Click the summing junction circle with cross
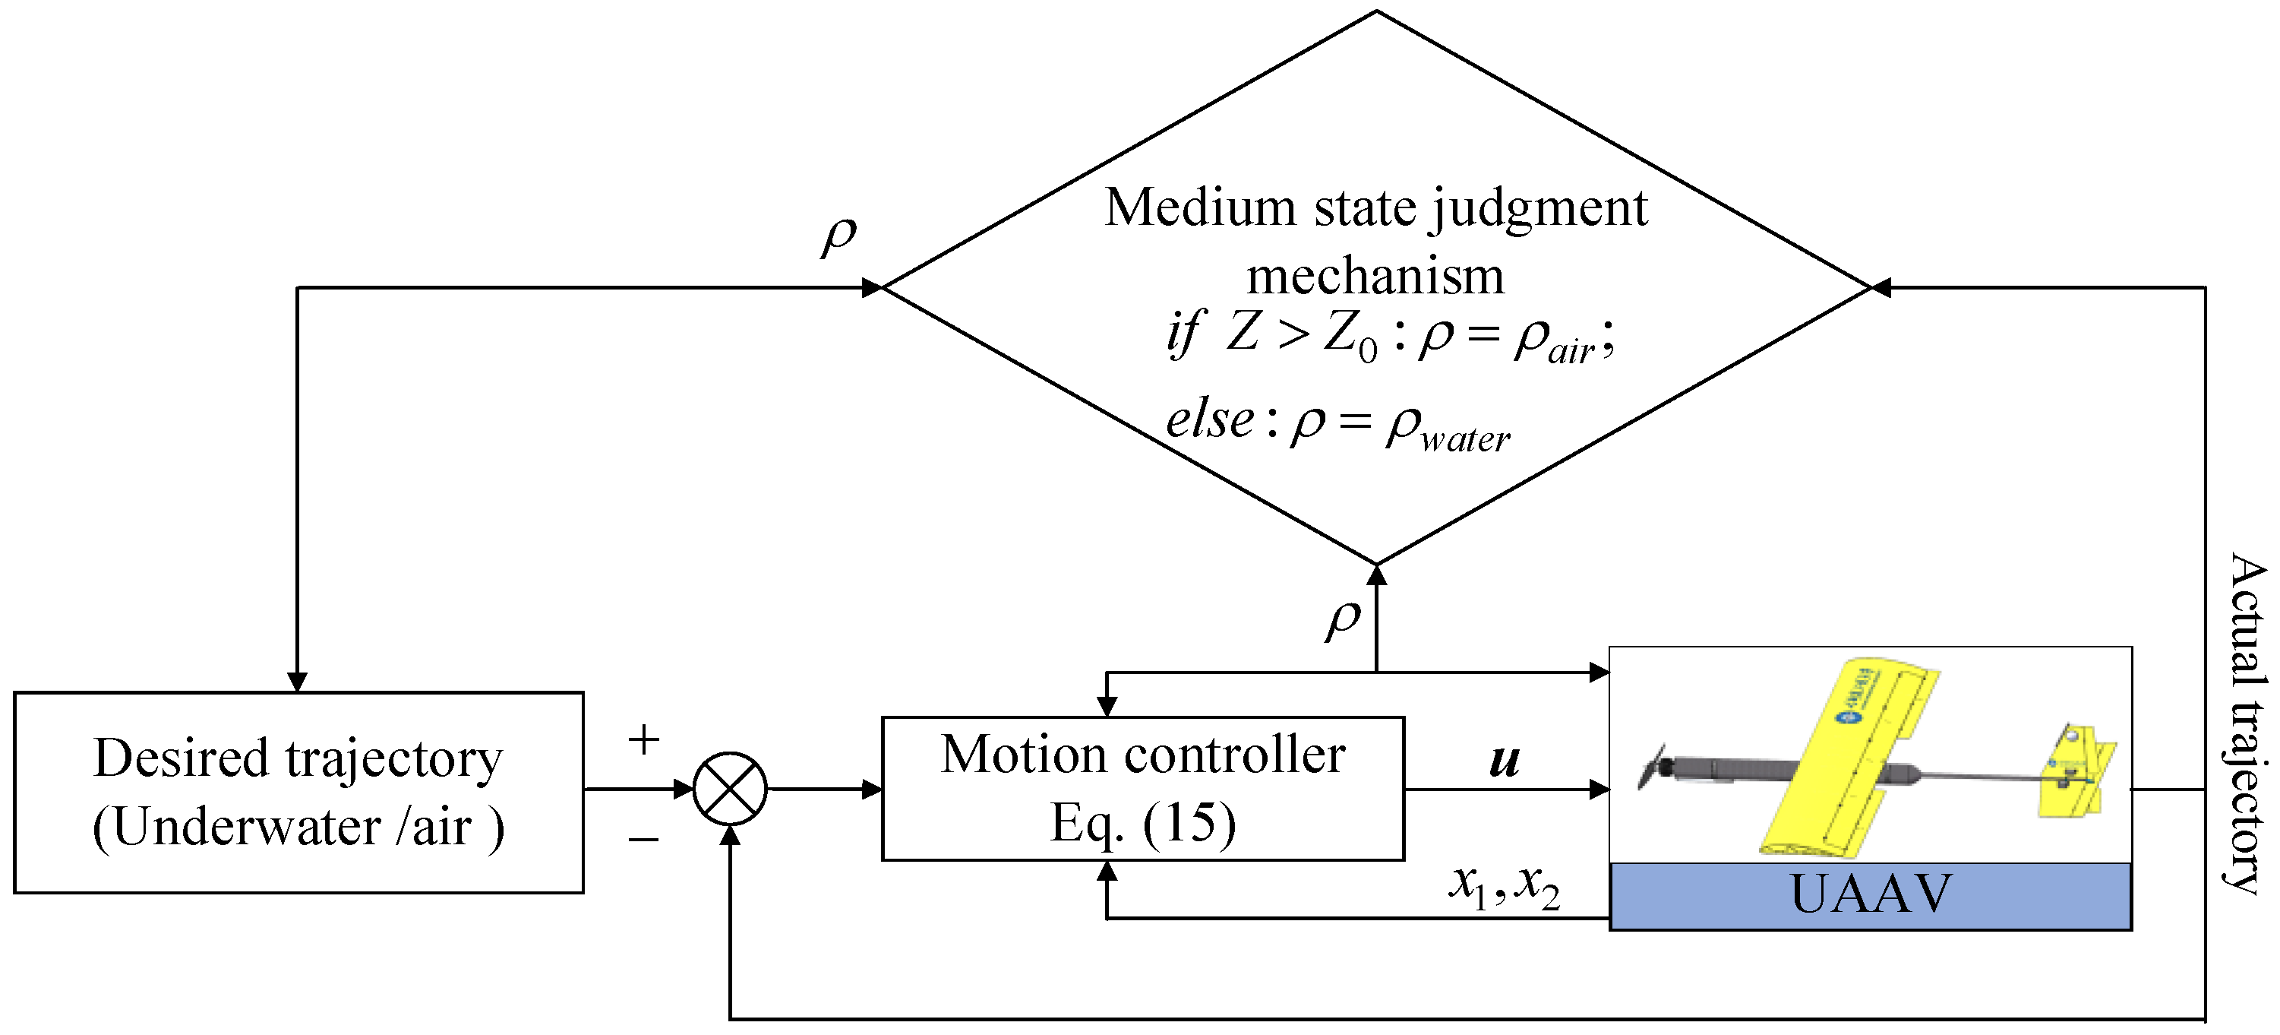click(x=729, y=788)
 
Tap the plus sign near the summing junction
click(x=643, y=739)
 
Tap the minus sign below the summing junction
click(x=643, y=837)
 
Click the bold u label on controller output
click(x=1505, y=760)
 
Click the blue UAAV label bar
click(x=1869, y=896)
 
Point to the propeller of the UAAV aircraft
click(x=1652, y=767)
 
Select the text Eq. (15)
click(x=1142, y=824)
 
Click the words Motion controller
click(x=1142, y=755)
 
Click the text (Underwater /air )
click(x=298, y=827)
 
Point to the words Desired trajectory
click(x=298, y=758)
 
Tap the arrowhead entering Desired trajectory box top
click(x=298, y=681)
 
